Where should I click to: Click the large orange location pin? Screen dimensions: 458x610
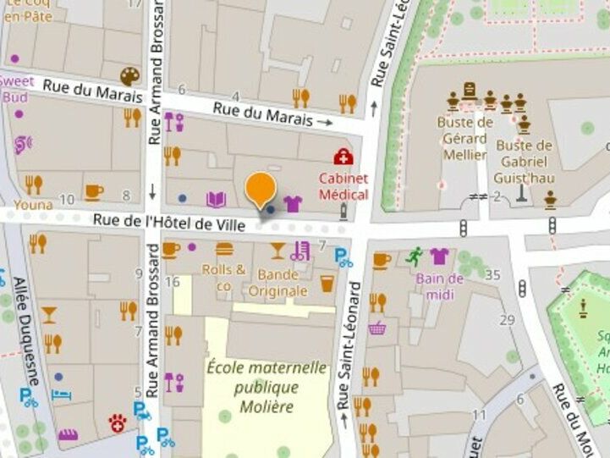click(260, 189)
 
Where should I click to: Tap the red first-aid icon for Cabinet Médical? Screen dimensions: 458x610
click(343, 156)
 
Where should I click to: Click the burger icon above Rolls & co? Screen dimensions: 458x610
click(224, 250)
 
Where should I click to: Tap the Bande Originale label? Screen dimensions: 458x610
click(278, 283)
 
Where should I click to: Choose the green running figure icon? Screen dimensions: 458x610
click(414, 255)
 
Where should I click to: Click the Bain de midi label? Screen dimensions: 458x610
click(440, 286)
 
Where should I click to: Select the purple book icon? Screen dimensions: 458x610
click(217, 199)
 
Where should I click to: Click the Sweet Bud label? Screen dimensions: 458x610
click(15, 89)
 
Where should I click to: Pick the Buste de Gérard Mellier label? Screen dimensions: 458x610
click(464, 138)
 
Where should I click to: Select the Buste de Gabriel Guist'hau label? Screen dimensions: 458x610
click(525, 161)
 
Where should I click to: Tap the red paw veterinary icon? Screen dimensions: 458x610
click(116, 422)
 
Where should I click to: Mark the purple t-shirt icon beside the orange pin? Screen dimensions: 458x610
click(293, 203)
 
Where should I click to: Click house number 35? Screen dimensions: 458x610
click(493, 274)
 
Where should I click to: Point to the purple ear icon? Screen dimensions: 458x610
click(22, 144)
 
